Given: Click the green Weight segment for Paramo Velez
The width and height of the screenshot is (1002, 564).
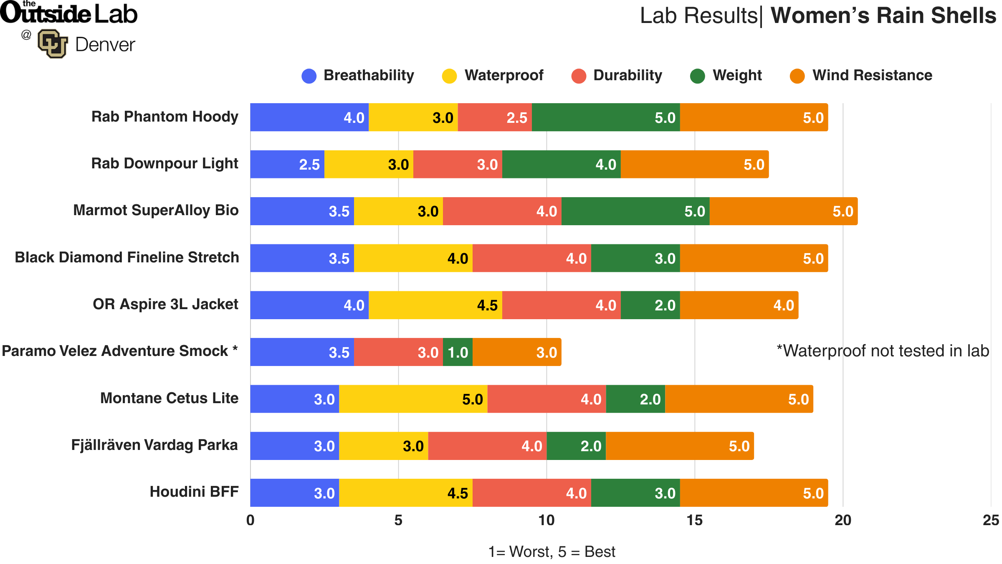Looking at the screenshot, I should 458,352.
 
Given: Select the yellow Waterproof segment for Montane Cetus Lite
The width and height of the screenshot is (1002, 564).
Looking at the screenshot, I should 413,399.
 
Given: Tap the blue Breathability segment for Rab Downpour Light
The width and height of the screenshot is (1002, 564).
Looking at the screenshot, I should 287,164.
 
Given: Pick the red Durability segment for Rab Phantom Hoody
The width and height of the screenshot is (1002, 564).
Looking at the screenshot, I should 494,117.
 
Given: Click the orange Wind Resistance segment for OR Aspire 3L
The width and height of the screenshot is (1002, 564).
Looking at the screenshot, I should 739,305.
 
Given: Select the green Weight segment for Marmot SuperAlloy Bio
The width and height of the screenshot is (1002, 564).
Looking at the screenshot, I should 635,211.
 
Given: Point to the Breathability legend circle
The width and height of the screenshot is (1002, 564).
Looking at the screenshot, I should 309,76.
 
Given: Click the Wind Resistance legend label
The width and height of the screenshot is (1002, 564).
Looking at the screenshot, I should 872,75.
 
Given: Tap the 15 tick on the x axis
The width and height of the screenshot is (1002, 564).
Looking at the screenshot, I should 694,520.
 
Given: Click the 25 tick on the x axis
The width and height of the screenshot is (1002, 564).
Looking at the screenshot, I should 990,520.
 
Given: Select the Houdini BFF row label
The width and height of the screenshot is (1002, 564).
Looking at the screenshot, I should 194,492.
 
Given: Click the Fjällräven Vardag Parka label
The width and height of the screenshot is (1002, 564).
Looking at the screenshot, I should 154,445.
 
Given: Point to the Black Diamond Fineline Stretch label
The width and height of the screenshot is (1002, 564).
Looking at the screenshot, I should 127,257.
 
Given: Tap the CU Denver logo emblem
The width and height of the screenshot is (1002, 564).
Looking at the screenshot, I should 53,43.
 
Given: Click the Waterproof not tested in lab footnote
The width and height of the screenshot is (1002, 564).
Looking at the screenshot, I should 883,351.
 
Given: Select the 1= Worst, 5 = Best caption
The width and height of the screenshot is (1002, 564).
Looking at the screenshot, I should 552,552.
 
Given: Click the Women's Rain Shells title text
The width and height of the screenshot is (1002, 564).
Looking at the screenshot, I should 883,16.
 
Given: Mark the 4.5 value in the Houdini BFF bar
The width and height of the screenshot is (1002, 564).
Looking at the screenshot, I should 458,493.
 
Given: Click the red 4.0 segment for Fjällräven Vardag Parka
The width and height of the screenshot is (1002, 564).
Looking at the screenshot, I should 487,446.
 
